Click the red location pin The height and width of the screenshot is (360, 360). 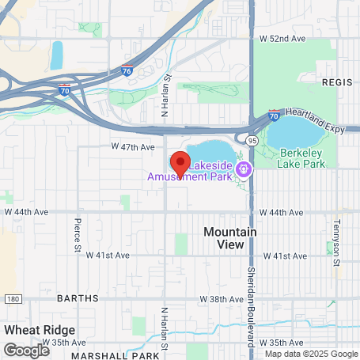180,163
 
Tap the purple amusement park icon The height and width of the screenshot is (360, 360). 244,168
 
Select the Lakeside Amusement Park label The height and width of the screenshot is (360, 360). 191,171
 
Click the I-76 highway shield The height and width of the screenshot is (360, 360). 127,70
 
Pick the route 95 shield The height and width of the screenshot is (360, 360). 252,139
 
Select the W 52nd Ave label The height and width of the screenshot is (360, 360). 282,37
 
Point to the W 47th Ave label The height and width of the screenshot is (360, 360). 132,147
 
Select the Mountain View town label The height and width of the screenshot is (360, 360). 230,238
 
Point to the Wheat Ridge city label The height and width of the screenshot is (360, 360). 40,329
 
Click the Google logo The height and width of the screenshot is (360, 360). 26,349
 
